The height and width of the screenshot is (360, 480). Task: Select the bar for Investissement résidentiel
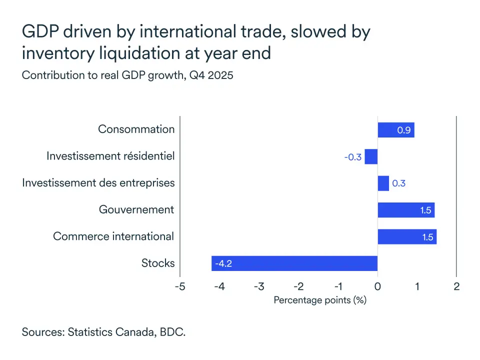pos(371,156)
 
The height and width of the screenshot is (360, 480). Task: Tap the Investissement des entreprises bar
pos(383,183)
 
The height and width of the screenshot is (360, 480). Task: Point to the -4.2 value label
pos(223,263)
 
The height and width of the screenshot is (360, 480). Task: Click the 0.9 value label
pos(404,130)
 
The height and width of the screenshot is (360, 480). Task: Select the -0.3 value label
pos(352,157)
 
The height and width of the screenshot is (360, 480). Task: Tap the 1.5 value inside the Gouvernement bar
pos(426,210)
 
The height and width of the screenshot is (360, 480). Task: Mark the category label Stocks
pos(158,263)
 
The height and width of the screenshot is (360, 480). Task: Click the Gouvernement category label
pos(136,209)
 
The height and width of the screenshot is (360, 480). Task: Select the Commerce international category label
pos(113,236)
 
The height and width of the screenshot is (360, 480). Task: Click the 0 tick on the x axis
pos(377,286)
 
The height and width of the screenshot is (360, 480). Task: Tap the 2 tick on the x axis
pos(456,286)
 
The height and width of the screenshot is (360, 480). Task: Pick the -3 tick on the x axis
pos(258,286)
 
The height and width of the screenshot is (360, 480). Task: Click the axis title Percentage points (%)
pos(320,300)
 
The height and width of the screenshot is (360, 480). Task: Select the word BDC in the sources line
pos(173,331)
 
